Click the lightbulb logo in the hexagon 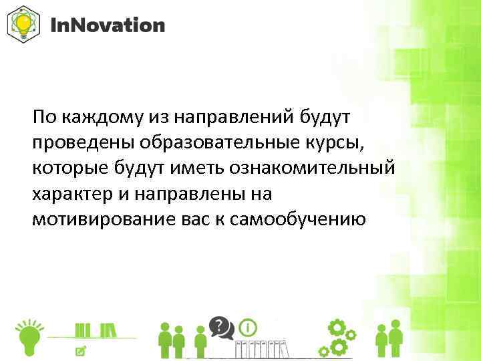[23, 25]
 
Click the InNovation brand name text [108, 25]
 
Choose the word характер [73, 193]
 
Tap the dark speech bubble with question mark [220, 327]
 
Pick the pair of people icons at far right [389, 339]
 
